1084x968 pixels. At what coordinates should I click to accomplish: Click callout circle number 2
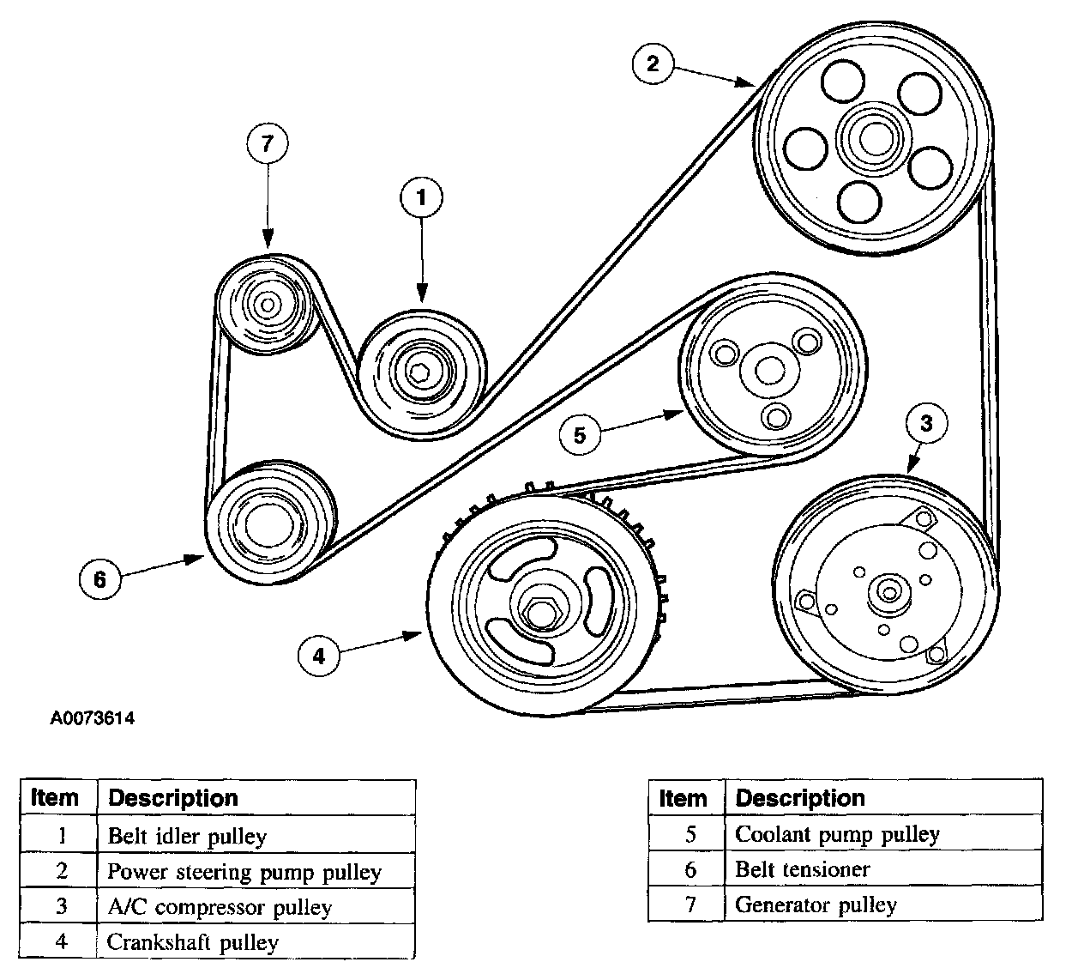coord(653,64)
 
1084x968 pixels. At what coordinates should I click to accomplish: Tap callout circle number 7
coord(267,143)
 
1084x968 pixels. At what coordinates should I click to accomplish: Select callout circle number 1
coord(421,197)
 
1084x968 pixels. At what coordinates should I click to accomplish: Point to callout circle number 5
coord(580,435)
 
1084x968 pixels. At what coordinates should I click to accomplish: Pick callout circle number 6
coord(100,579)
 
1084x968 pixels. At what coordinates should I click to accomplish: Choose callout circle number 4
coord(319,656)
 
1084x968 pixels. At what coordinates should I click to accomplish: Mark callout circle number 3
coord(926,423)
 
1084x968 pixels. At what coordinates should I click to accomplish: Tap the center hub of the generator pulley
coord(267,306)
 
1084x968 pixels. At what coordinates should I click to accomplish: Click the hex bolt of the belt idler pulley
coord(419,372)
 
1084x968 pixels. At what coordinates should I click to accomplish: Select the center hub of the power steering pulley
coord(876,139)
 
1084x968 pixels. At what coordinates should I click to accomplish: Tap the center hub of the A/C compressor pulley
coord(888,593)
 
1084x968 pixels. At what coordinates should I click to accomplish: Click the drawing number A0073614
coord(92,718)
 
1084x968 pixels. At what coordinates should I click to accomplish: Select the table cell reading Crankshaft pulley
coord(256,941)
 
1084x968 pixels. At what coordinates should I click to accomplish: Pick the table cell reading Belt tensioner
coord(883,869)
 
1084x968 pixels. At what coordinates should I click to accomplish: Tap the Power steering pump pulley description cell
coord(256,870)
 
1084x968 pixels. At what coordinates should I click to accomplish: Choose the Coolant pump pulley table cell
coord(883,833)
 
